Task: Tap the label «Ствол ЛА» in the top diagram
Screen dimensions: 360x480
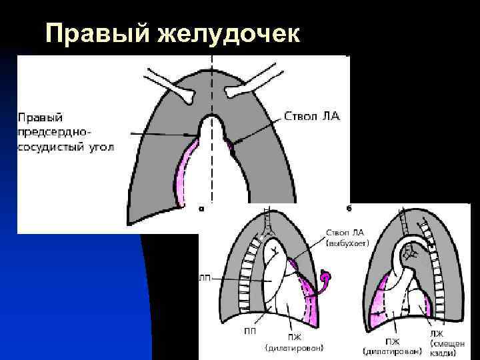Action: pos(312,116)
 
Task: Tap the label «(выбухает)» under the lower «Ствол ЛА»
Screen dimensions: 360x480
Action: pos(347,244)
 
